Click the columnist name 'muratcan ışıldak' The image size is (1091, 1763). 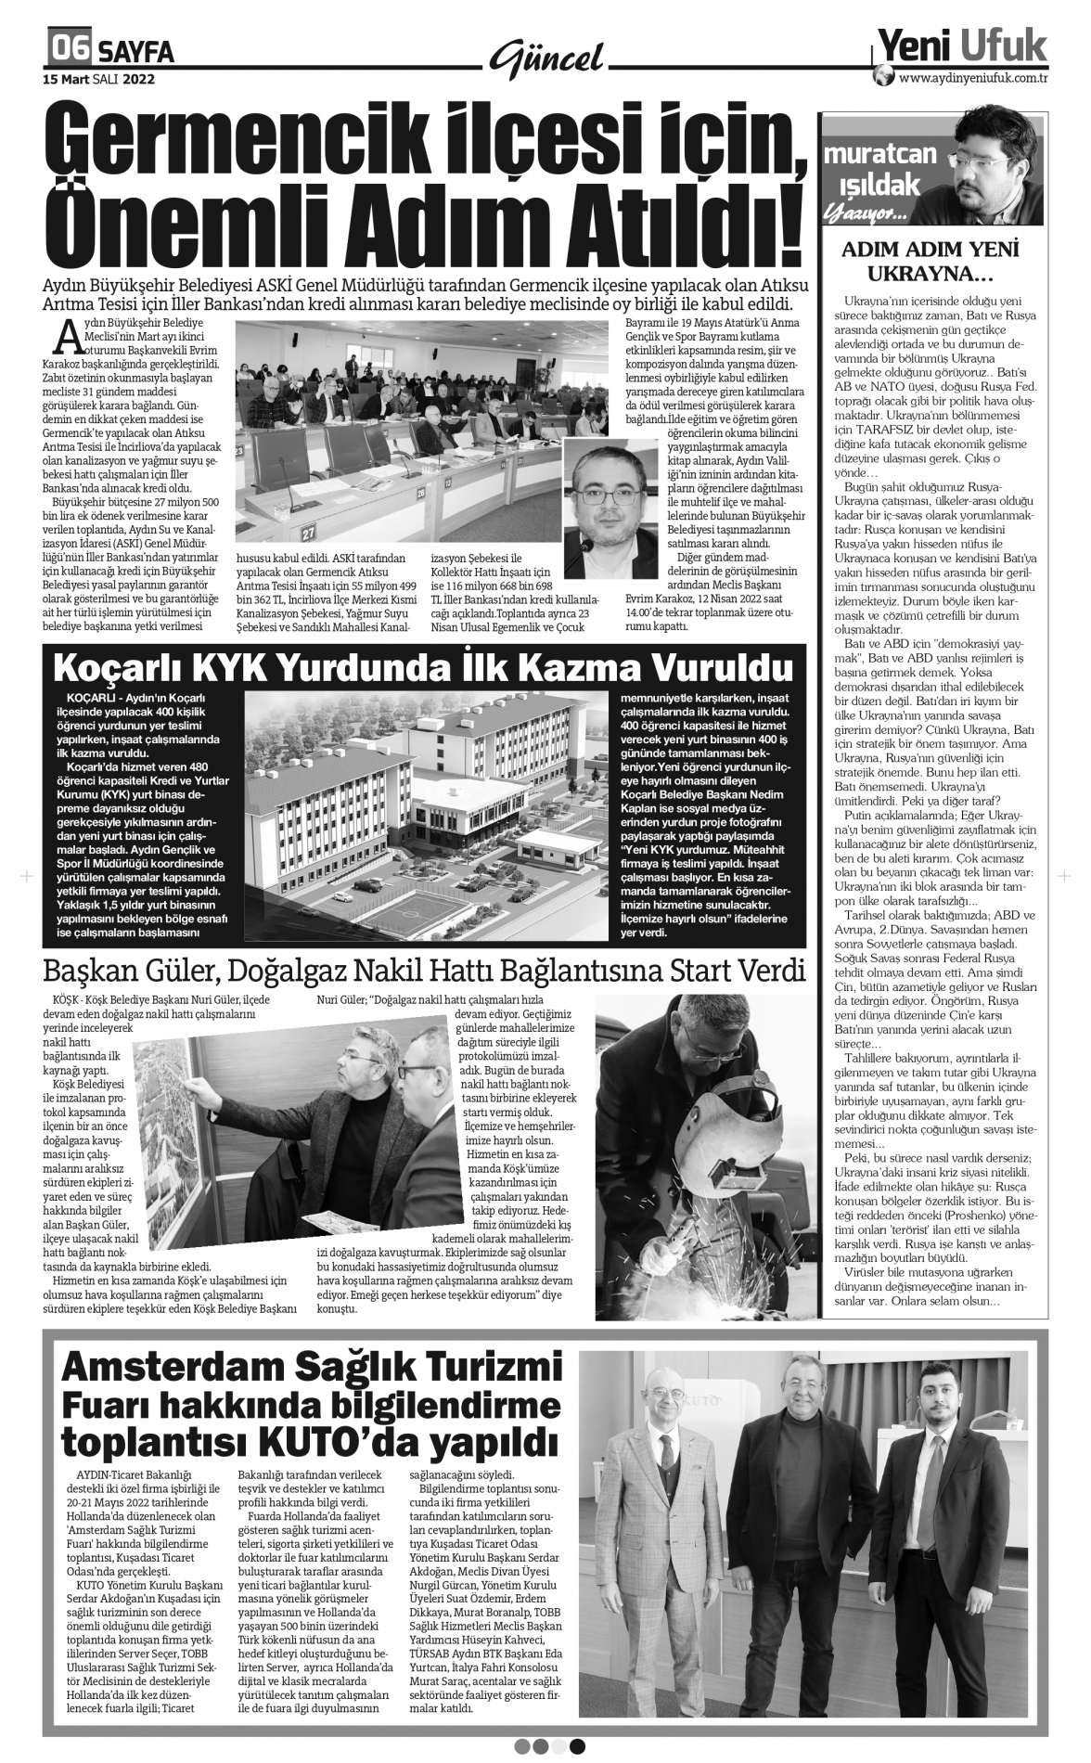pyautogui.click(x=880, y=170)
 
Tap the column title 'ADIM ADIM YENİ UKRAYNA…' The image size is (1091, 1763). pyautogui.click(x=930, y=263)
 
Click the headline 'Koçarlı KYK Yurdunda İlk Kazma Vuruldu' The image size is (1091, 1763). pyautogui.click(x=424, y=668)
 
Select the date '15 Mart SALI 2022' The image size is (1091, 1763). pyautogui.click(x=98, y=79)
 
